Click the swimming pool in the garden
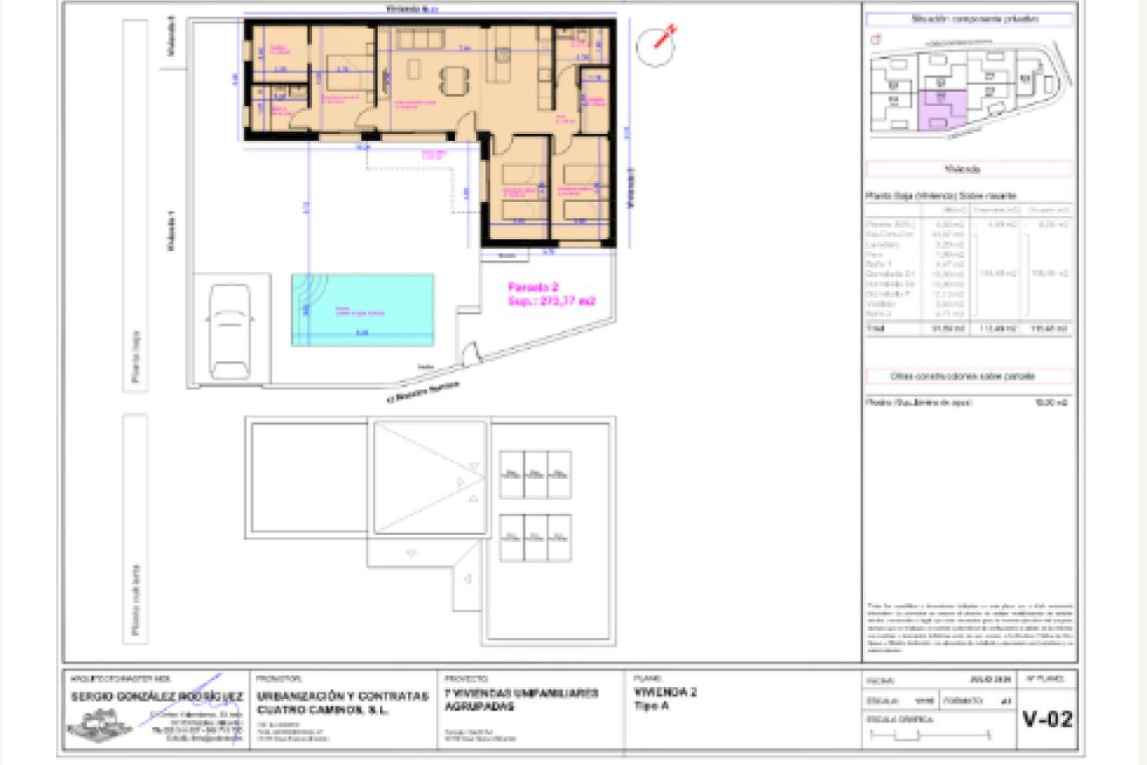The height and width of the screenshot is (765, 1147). pos(362,310)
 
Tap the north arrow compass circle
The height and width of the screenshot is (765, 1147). pos(655,47)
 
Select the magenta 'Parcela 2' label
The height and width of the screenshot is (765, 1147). pos(533,287)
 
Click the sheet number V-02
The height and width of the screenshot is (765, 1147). pos(1047,719)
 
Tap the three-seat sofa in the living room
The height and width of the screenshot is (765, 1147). pos(421,39)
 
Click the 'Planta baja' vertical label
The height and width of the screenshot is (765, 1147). pos(136,356)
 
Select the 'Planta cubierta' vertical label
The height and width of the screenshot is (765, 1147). pos(136,600)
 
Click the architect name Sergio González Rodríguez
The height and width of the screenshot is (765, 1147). pos(157,697)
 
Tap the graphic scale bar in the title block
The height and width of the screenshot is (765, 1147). pos(930,735)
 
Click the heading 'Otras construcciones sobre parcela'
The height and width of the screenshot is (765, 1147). pos(962,377)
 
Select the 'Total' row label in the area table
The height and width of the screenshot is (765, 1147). pos(875,328)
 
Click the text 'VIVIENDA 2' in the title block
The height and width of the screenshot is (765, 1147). pos(664,692)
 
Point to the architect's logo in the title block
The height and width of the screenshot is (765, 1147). pos(100,725)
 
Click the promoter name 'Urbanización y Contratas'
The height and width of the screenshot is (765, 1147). pos(342,696)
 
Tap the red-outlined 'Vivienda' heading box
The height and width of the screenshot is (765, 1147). pos(968,169)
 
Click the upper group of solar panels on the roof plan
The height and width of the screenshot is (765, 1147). pos(535,475)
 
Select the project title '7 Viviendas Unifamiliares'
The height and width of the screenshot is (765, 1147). pos(521,693)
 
